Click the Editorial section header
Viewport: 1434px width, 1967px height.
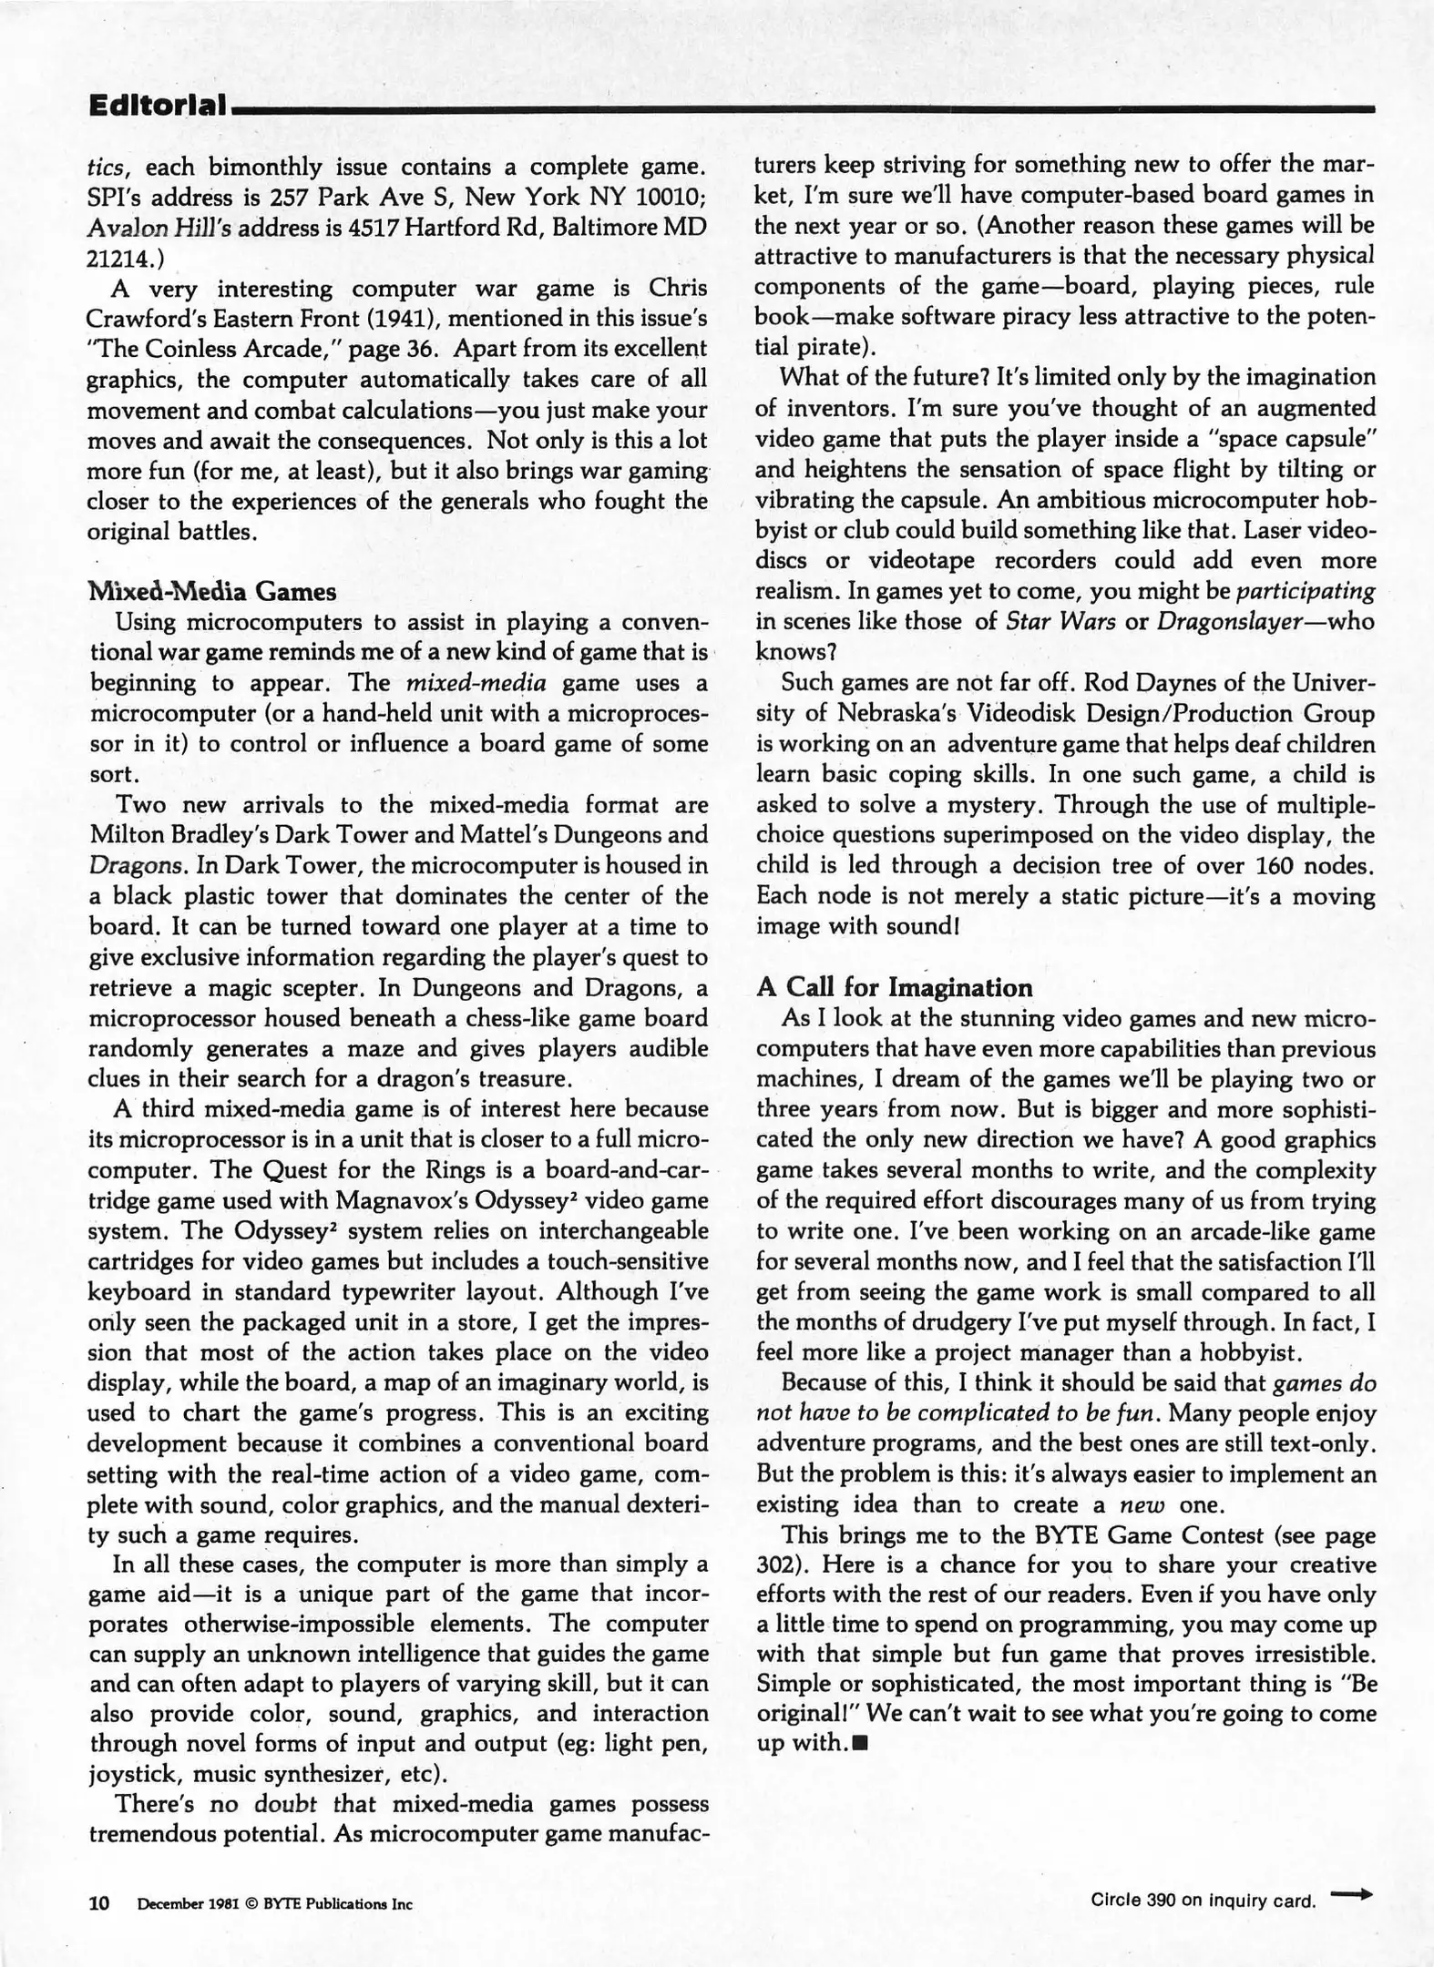(x=157, y=106)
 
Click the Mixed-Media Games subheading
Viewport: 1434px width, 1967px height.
(x=211, y=592)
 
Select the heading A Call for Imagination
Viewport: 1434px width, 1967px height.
(x=895, y=988)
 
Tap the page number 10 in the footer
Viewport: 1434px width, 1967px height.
(x=98, y=1903)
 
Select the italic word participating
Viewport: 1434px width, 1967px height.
(x=1305, y=591)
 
